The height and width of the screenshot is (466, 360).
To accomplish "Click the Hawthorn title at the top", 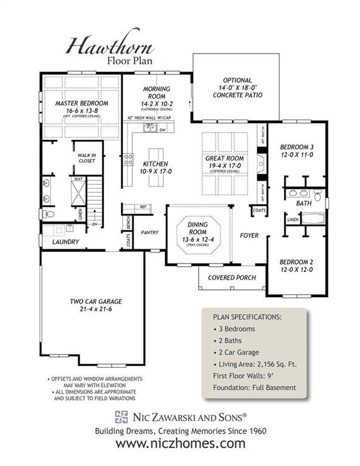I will coord(109,46).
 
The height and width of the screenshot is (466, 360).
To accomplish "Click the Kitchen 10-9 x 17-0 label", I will coord(157,167).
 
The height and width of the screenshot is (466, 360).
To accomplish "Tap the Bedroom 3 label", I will coord(296,150).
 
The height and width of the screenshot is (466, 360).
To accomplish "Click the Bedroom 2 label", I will coord(296,266).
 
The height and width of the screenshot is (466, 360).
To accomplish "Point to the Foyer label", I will coord(249,235).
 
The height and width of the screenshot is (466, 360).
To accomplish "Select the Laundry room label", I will coord(65,241).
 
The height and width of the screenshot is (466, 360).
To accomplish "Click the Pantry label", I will coord(149,232).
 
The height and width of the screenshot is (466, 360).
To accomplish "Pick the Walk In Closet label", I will coord(87,158).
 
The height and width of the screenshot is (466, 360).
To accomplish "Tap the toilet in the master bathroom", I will coord(49,214).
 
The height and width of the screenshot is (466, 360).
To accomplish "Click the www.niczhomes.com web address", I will coord(180,444).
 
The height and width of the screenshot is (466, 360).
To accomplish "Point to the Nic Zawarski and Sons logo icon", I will coord(120,416).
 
